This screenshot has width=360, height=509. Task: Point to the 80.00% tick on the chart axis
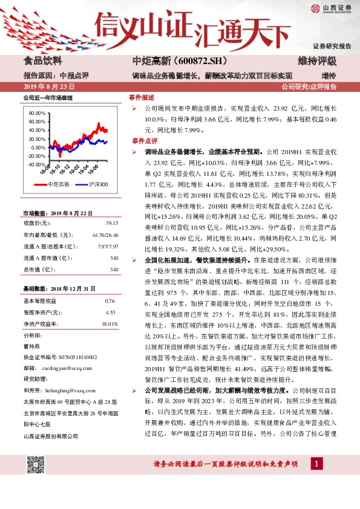click(x=37, y=113)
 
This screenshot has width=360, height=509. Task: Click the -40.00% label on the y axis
click(x=36, y=164)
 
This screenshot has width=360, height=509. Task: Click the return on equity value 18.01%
click(x=110, y=324)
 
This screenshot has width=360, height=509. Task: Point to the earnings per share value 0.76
click(x=110, y=300)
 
